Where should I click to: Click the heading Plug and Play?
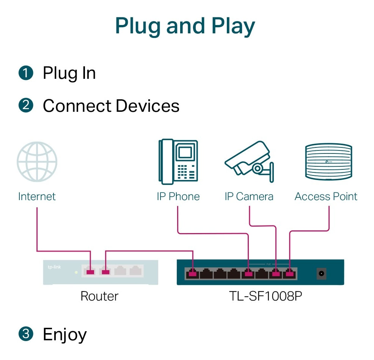point(185,27)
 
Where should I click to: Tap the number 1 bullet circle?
point(25,73)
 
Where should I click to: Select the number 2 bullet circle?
point(25,105)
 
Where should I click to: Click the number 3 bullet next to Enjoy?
point(25,334)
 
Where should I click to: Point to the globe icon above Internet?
point(37,162)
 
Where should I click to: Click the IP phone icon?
point(178,162)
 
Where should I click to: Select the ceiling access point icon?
point(328,162)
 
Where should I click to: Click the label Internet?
point(37,196)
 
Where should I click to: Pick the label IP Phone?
point(178,196)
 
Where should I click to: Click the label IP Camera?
point(249,196)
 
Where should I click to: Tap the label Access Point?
point(326,196)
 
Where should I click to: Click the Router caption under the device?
point(99,296)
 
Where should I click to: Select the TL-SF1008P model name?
point(266,296)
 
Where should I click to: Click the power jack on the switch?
point(322,273)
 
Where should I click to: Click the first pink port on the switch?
point(193,273)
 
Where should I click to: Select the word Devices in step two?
point(148,106)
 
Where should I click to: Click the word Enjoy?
point(65,335)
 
